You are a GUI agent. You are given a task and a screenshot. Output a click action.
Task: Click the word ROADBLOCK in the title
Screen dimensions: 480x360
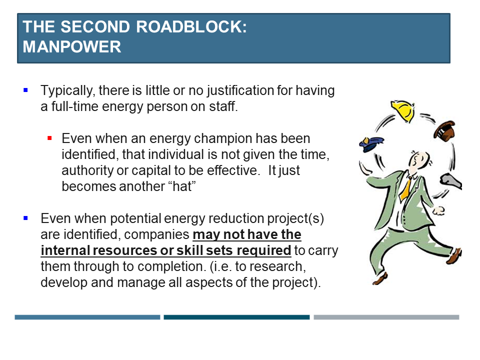pos(191,26)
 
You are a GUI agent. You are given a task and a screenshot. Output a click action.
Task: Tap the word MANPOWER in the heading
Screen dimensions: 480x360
pos(72,47)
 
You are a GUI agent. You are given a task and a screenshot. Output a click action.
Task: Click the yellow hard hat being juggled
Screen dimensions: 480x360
pos(403,110)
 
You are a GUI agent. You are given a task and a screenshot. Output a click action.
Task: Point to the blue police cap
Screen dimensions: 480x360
pos(371,144)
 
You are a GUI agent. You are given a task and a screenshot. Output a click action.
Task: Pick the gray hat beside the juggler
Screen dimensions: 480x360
pos(451,182)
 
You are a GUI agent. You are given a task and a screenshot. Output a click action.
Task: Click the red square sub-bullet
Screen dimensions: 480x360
pos(49,138)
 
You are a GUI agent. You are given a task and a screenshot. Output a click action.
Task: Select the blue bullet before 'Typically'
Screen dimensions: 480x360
pos(25,90)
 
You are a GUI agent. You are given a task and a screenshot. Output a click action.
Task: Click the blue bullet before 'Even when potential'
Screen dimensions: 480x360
pos(25,218)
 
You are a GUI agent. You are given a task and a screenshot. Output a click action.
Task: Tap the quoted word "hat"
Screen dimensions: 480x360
pos(182,186)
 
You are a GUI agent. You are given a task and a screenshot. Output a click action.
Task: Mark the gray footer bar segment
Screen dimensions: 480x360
pos(386,317)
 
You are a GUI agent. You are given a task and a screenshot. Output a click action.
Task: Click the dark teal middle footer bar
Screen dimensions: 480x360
pos(236,317)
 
